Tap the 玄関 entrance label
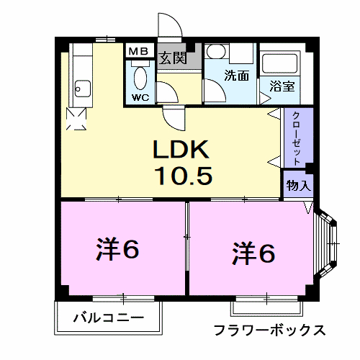click(x=174, y=57)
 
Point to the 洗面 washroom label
click(x=238, y=74)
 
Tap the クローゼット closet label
click(x=297, y=138)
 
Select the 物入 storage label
click(x=298, y=185)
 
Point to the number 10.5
click(x=181, y=175)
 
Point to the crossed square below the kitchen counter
click(x=77, y=119)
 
